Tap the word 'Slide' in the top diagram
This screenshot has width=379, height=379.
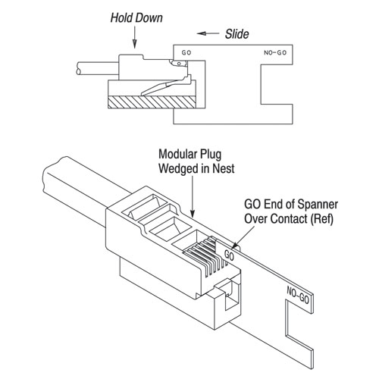[x=238, y=33]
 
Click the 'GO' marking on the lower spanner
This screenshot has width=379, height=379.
[x=227, y=254]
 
